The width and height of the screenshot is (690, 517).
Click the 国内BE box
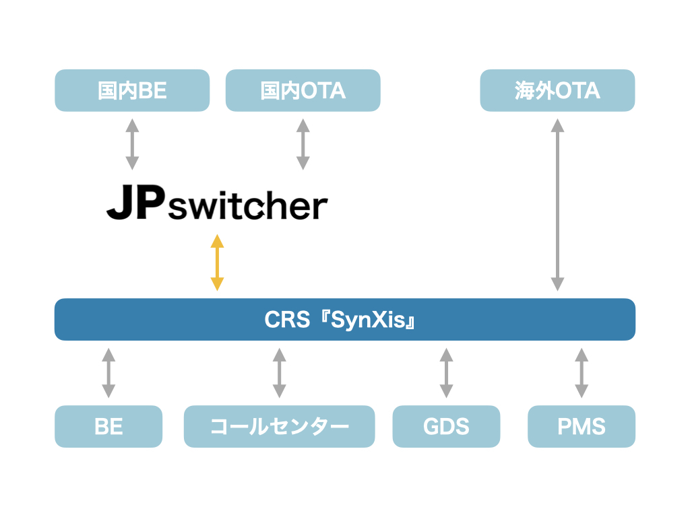point(132,90)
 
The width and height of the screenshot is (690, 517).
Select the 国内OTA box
point(303,90)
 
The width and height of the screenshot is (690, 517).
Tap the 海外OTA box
point(557,90)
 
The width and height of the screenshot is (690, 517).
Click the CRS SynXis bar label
point(344,320)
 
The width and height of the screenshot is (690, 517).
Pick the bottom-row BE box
point(108,426)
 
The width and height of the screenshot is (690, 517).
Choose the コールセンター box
point(279,426)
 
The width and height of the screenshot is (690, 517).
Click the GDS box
point(446,426)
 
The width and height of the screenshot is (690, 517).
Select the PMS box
point(582,426)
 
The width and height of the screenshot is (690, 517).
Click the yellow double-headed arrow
point(217,263)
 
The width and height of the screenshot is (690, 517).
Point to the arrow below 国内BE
point(132,144)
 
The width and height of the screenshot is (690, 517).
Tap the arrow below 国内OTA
point(303,144)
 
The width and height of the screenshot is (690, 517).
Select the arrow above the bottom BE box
point(108,372)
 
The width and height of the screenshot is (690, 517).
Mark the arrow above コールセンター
point(279,372)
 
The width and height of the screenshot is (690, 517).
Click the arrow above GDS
point(446,372)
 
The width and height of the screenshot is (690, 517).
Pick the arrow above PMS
point(582,372)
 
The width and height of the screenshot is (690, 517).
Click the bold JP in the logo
point(134,205)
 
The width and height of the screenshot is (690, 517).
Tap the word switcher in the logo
point(247,207)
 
